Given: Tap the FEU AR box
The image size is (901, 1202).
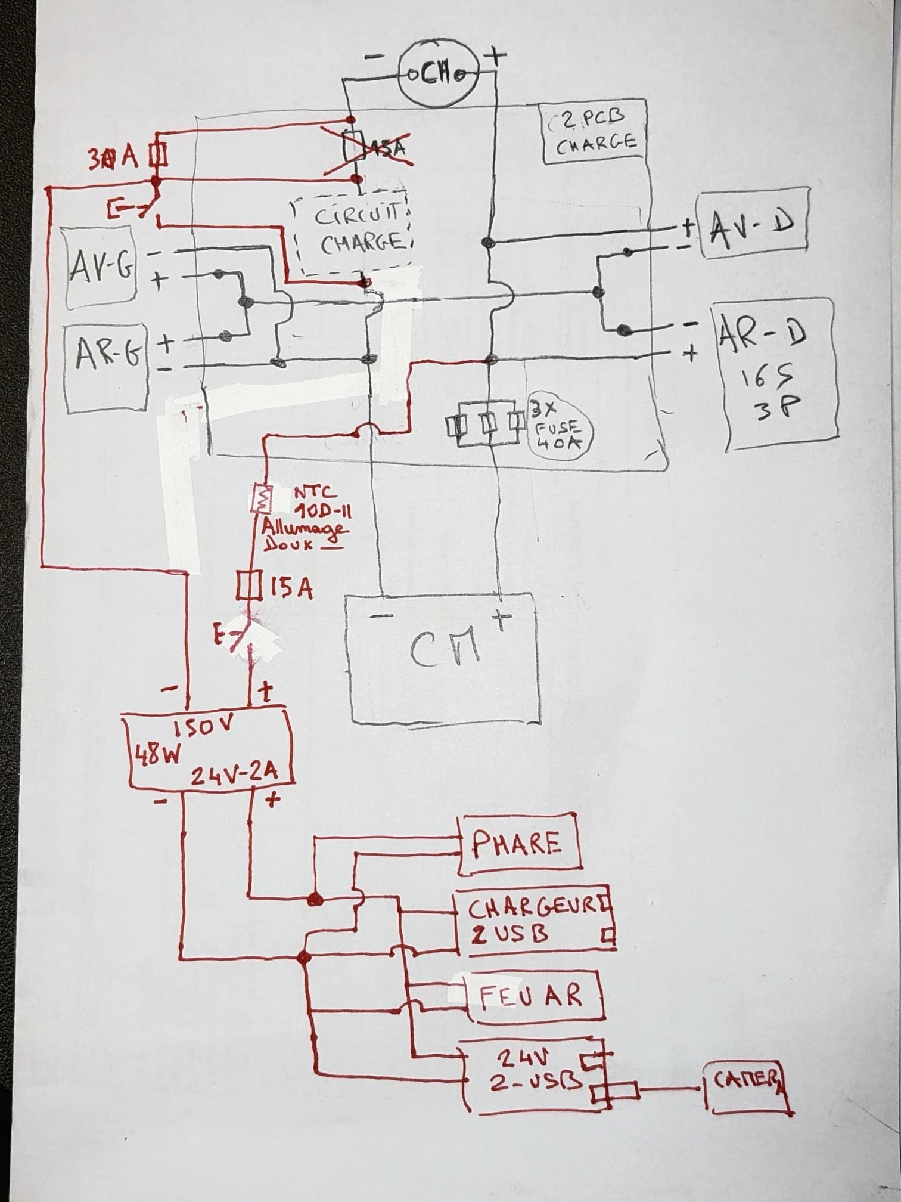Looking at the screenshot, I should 534,996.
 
